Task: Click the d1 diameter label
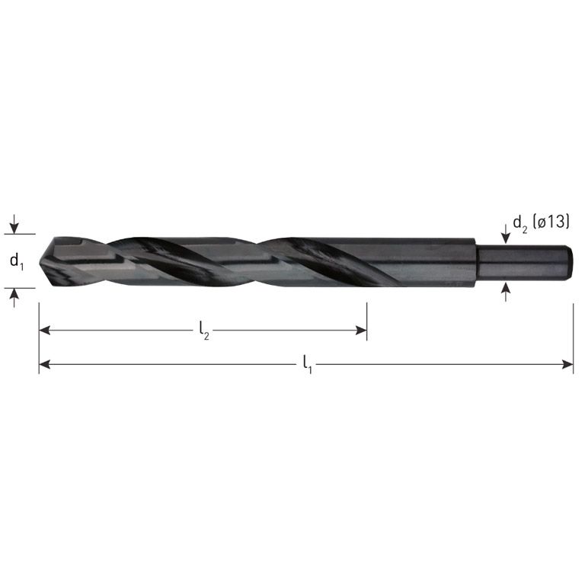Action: click(x=16, y=261)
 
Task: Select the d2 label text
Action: click(x=520, y=223)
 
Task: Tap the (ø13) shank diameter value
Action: click(x=551, y=223)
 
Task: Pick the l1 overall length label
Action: click(x=307, y=365)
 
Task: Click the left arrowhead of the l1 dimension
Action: click(x=44, y=365)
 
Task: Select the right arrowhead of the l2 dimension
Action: click(x=362, y=330)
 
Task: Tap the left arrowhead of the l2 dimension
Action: click(x=44, y=330)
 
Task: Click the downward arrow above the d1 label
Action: click(x=14, y=227)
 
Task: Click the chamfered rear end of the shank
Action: click(x=568, y=262)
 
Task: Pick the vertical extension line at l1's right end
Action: click(x=573, y=335)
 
